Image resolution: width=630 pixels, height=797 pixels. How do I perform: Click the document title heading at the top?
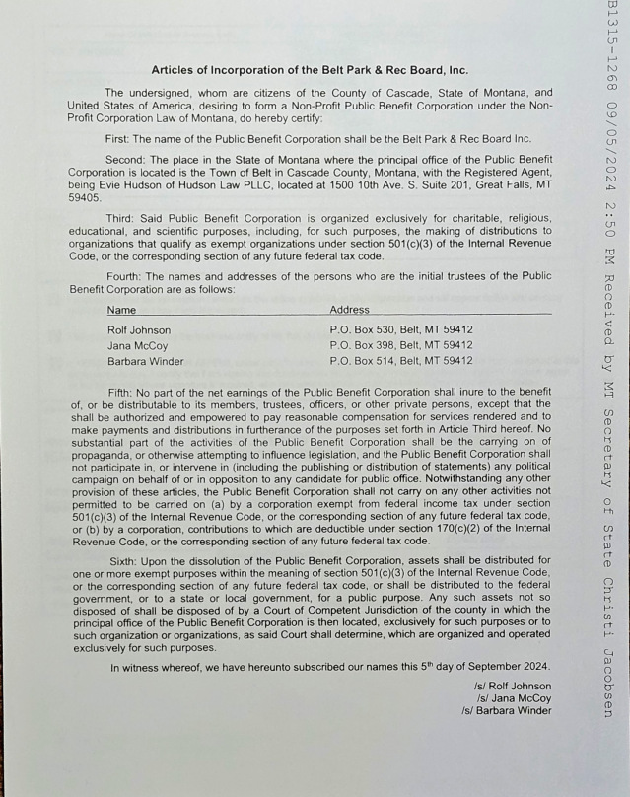pyautogui.click(x=310, y=70)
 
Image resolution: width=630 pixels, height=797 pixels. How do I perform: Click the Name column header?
pyautogui.click(x=121, y=310)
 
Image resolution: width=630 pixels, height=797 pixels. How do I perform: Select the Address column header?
pyautogui.click(x=349, y=310)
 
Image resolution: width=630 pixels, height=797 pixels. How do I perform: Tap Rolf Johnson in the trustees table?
pyautogui.click(x=139, y=330)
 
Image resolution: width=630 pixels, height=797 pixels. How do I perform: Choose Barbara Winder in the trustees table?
pyautogui.click(x=145, y=361)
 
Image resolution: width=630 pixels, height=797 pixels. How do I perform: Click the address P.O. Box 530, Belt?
pyautogui.click(x=400, y=330)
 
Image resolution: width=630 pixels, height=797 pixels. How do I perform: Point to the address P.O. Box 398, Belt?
pyautogui.click(x=400, y=346)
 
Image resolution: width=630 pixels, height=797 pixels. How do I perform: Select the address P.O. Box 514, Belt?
pyautogui.click(x=400, y=361)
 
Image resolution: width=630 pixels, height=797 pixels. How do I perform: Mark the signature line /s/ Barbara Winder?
pyautogui.click(x=506, y=711)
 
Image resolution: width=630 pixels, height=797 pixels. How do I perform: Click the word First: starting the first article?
pyautogui.click(x=120, y=138)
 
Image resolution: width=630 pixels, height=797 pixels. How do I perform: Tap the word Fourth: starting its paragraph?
pyautogui.click(x=125, y=275)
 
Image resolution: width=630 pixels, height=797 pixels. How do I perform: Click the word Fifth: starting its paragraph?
pyautogui.click(x=122, y=392)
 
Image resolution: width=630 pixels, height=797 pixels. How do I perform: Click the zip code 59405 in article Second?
pyautogui.click(x=86, y=197)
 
